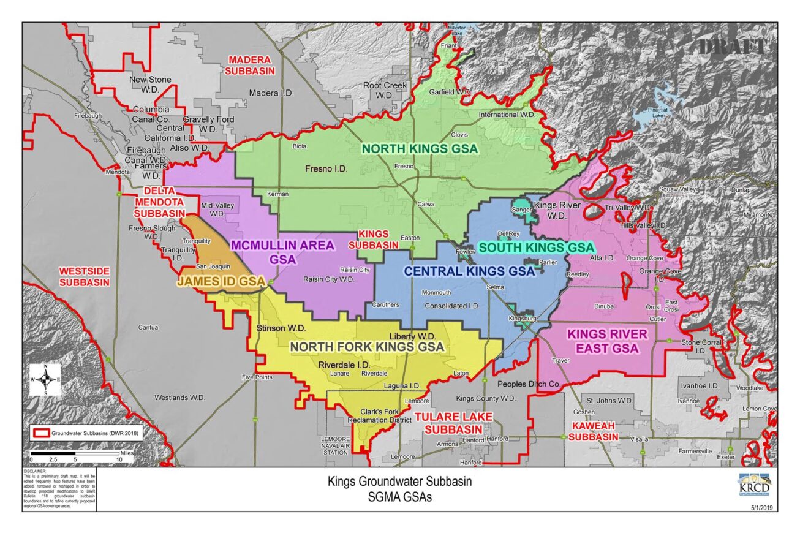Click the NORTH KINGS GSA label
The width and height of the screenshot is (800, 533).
[419, 149]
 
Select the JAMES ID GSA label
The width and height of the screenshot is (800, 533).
[221, 281]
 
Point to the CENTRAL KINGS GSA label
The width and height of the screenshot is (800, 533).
[469, 271]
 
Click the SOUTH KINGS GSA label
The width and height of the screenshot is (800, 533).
[535, 248]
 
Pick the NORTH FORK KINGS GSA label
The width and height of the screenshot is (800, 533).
[367, 347]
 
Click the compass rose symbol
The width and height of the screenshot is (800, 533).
[45, 380]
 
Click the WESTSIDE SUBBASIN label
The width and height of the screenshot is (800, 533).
[85, 277]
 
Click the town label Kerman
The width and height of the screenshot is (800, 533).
[278, 194]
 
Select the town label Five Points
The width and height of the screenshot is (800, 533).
[257, 377]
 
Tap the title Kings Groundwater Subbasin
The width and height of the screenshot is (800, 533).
[399, 482]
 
